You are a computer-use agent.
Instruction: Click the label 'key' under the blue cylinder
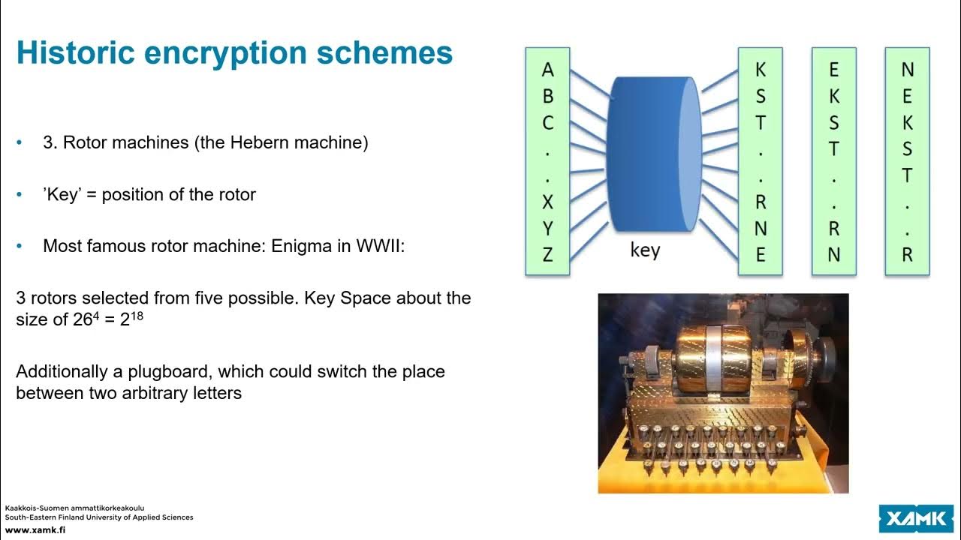click(645, 250)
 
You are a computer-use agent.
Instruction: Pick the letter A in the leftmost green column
click(547, 70)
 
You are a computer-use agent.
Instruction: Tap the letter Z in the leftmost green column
click(547, 255)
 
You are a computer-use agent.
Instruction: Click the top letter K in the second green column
click(760, 70)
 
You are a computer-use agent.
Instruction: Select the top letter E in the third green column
click(833, 70)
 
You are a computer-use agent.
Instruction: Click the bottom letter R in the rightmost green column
click(907, 255)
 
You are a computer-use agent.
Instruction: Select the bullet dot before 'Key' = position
click(20, 194)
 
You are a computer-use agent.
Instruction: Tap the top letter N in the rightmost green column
click(907, 70)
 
